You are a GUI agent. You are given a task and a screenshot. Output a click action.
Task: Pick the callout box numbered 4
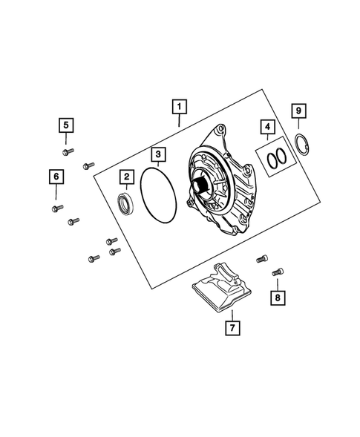click(x=266, y=126)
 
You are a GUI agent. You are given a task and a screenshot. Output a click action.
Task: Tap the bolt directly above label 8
click(x=278, y=272)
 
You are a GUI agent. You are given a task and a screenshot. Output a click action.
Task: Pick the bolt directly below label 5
click(x=66, y=152)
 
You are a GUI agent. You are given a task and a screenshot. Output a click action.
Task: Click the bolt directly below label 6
click(x=57, y=208)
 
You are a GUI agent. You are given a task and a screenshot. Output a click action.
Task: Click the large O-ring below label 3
click(x=158, y=196)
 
